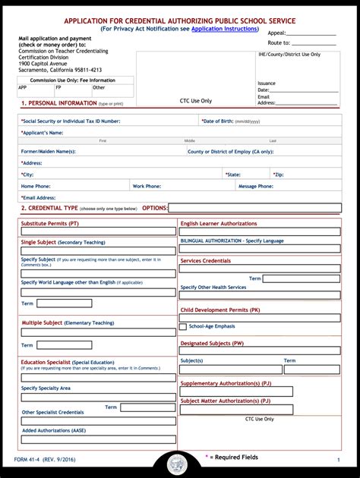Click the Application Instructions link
click(x=225, y=28)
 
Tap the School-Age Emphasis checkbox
click(x=183, y=326)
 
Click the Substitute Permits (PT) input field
click(x=98, y=231)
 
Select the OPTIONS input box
click(x=254, y=208)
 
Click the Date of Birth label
click(x=231, y=121)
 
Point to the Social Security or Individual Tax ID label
click(x=71, y=121)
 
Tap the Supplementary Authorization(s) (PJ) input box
click(x=236, y=392)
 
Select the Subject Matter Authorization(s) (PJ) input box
click(x=236, y=410)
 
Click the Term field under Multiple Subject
click(x=65, y=345)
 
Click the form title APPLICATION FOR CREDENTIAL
click(x=180, y=20)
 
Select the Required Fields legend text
click(x=235, y=458)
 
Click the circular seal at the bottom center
click(x=180, y=465)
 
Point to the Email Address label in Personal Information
click(x=39, y=197)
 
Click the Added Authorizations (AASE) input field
click(x=98, y=440)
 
